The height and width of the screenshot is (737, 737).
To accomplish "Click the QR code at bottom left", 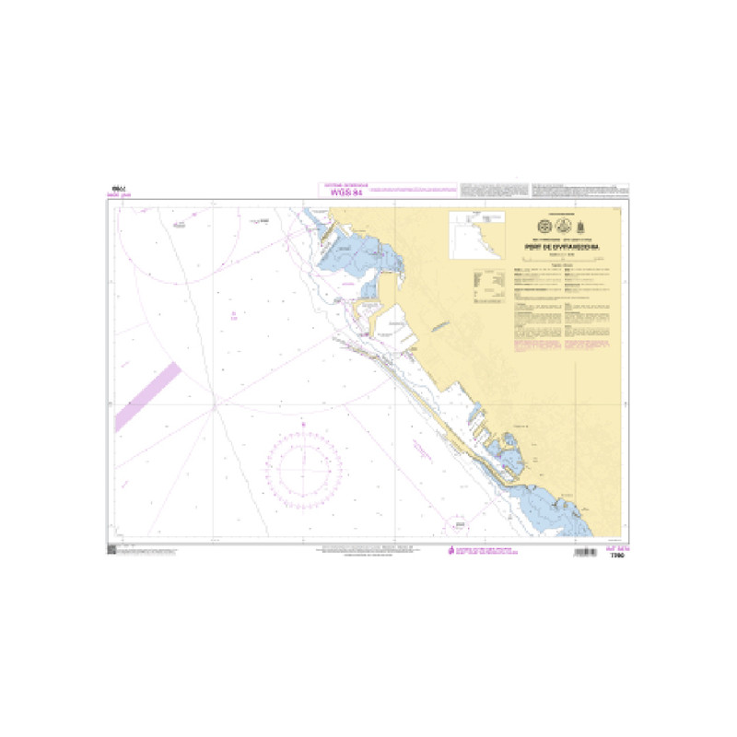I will (111, 550).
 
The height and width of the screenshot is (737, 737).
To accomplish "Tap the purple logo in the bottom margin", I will (450, 551).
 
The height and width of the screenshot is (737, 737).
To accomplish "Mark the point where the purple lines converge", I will (214, 403).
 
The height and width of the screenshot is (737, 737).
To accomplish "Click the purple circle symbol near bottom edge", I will (456, 524).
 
